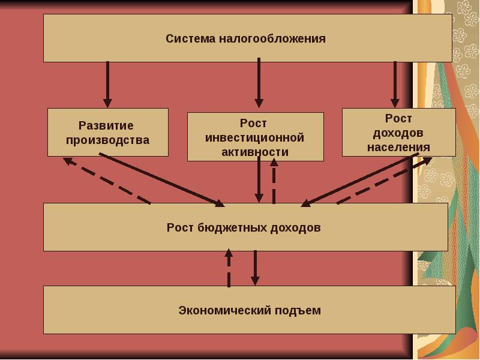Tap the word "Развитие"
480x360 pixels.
click(106, 126)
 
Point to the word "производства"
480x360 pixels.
click(107, 140)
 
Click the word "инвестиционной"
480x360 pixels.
click(255, 138)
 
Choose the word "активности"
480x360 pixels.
click(255, 152)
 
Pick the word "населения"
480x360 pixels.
click(398, 146)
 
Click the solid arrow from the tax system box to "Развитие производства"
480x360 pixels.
click(107, 84)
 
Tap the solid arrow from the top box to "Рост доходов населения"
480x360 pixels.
click(395, 84)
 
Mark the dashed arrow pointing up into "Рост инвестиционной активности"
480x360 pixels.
click(274, 182)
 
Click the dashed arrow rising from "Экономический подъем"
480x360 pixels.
click(229, 268)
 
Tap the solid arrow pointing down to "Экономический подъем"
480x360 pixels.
click(255, 268)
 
